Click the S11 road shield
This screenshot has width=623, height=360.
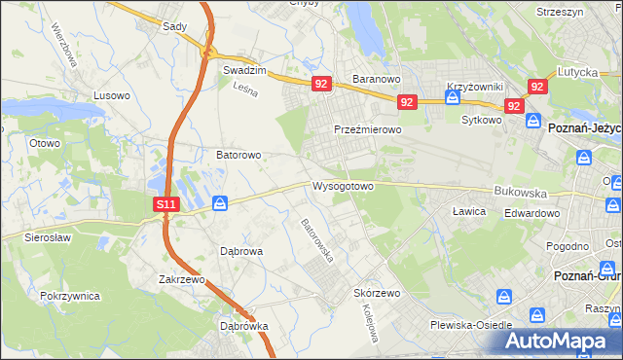(166, 204)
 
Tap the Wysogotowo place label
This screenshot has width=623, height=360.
(343, 186)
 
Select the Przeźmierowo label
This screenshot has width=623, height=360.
(367, 129)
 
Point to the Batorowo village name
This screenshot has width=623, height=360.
(238, 155)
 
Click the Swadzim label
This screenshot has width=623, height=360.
(244, 71)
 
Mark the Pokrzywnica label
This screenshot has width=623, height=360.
(72, 294)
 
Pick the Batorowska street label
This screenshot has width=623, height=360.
(317, 240)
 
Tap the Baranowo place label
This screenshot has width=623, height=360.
(377, 79)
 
